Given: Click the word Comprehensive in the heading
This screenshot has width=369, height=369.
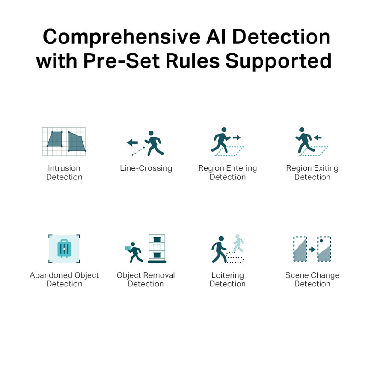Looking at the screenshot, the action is (x=122, y=37).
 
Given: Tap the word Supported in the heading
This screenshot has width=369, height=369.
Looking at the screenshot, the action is (x=279, y=61).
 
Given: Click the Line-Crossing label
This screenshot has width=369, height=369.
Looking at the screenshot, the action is (x=146, y=168).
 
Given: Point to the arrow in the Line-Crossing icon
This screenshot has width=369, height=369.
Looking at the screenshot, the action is (x=132, y=143).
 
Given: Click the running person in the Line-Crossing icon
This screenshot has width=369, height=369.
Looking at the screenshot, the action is (x=154, y=143).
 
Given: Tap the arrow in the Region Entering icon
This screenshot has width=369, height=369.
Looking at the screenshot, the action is (x=237, y=137).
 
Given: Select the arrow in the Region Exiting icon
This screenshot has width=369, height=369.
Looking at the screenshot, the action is (x=318, y=137).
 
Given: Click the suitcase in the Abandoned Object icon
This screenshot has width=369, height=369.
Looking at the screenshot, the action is (x=64, y=249).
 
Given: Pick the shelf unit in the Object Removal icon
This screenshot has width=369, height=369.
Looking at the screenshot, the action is (x=157, y=249).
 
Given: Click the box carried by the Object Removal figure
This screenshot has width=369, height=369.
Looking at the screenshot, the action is (x=127, y=248).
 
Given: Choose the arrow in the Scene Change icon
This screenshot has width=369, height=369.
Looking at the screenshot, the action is (x=312, y=249).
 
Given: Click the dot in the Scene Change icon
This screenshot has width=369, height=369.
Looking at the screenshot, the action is (x=321, y=241).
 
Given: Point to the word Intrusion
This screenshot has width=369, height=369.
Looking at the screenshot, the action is (x=64, y=168).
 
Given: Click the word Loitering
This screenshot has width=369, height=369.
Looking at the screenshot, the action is (x=227, y=275).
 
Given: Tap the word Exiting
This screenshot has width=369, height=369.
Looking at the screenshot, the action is (x=326, y=168).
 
